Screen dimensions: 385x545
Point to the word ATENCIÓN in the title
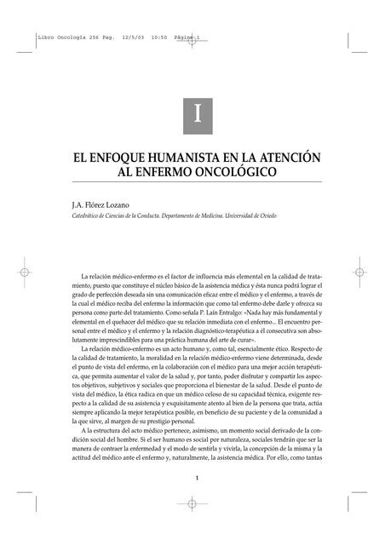pyautogui.click(x=287, y=158)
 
